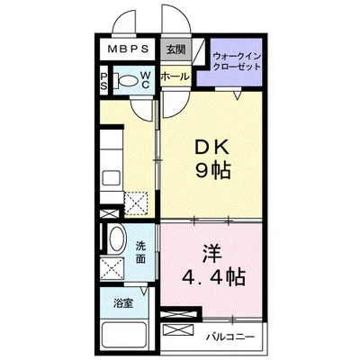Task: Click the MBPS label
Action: (125, 51)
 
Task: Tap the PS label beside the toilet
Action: (105, 80)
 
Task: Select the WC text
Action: (144, 80)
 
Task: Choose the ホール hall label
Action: (174, 77)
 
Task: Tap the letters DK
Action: (212, 148)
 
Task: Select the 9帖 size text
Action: (212, 171)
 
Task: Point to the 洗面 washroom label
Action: (143, 251)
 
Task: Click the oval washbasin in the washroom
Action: (117, 241)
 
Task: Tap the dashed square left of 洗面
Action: (114, 268)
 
